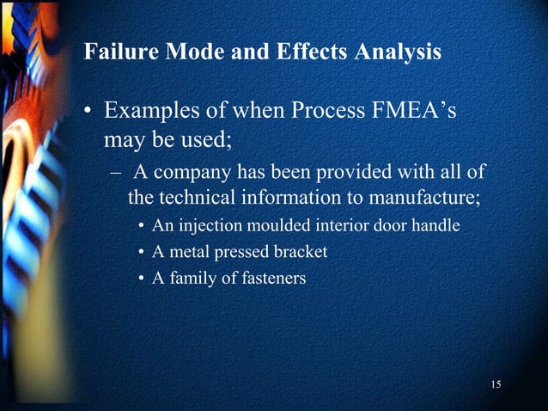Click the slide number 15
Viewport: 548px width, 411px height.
[496, 383]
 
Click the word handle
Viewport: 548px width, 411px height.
[438, 227]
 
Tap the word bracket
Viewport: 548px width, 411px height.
[299, 253]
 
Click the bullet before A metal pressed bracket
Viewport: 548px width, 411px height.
[141, 253]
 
